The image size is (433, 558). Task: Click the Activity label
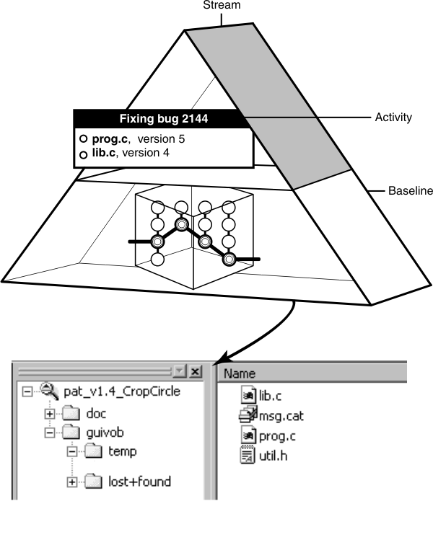point(393,117)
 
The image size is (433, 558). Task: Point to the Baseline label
point(410,191)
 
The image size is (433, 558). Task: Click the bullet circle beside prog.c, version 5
point(84,138)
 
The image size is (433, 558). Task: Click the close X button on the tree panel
point(195,371)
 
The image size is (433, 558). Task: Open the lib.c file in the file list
point(268,395)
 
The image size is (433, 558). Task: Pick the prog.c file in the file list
point(274,435)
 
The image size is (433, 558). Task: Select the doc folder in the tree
point(97,414)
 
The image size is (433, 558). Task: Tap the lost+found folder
point(139,481)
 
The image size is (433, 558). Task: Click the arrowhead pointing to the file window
point(219,357)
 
